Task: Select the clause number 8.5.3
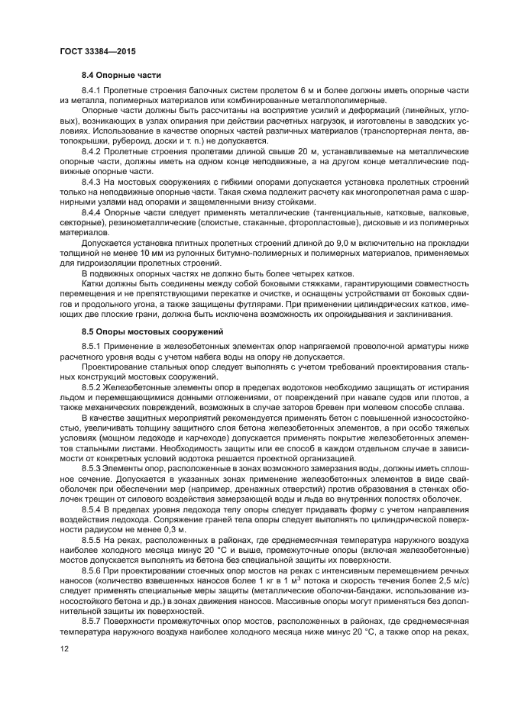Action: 92,468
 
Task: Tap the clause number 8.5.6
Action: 92,570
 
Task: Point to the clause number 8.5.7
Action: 92,622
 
